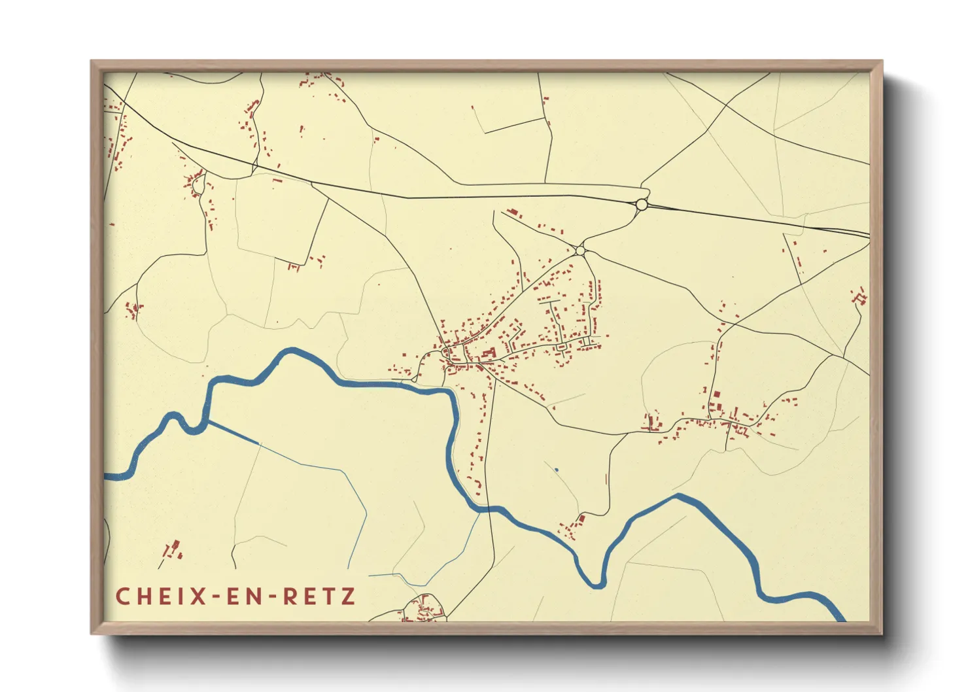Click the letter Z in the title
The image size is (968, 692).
tap(348, 597)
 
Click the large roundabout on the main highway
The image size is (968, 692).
tap(642, 205)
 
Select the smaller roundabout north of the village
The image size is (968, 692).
tap(579, 251)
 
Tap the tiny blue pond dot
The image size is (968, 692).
tap(556, 470)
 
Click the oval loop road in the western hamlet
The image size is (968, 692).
tap(198, 185)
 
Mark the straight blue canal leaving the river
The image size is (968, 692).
tap(234, 433)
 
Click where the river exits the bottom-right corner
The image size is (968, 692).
tap(839, 615)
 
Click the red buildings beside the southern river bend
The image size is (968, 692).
tap(572, 527)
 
